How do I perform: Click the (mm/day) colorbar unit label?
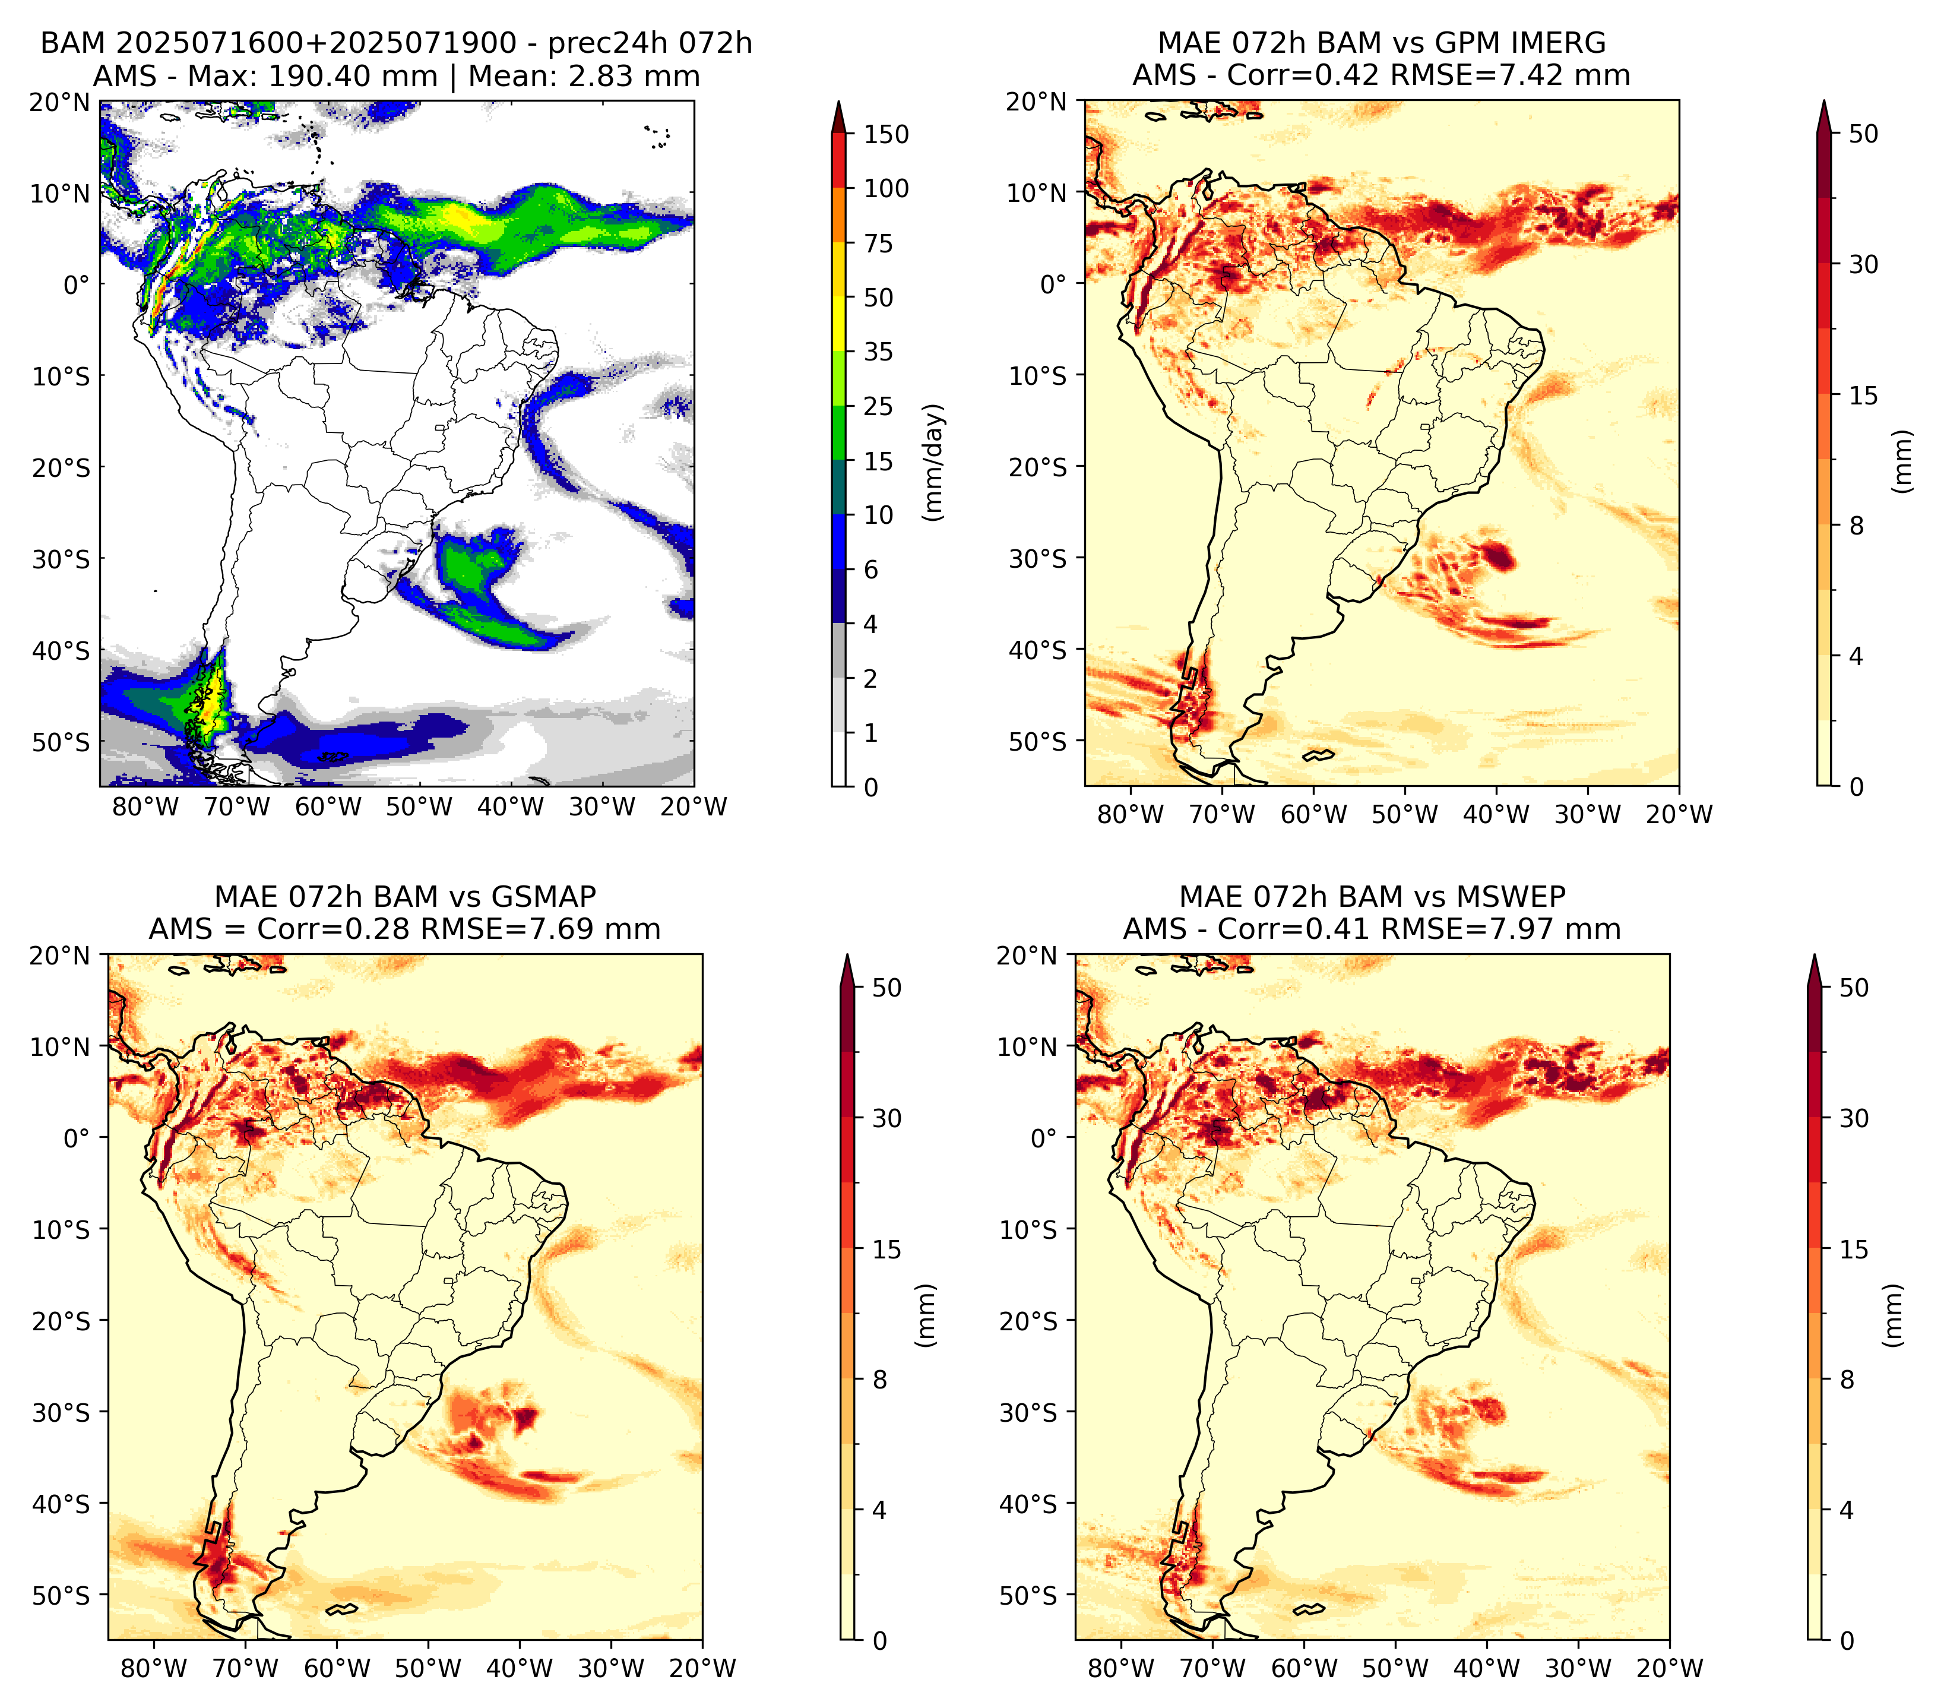click(935, 462)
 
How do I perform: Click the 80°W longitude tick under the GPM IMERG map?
click(1131, 814)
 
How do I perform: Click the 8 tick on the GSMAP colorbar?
click(880, 1380)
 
